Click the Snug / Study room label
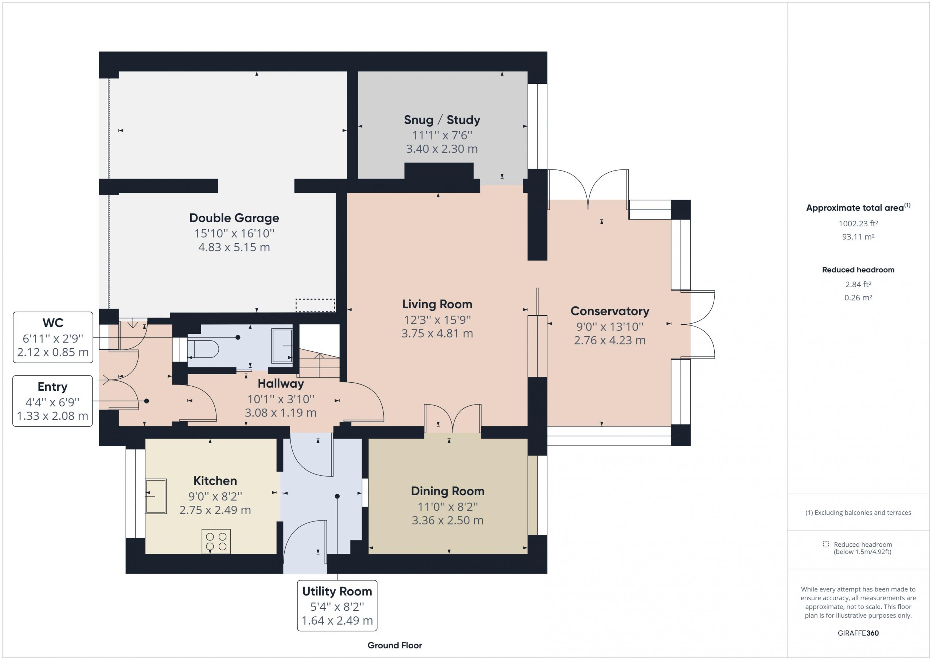coord(442,120)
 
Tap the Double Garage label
coord(234,218)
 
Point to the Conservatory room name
coord(609,311)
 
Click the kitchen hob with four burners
coord(216,541)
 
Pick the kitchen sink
coord(156,496)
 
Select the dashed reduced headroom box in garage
coord(315,305)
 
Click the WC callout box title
coord(53,323)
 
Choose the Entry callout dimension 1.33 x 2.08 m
coord(52,416)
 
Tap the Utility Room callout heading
coord(337,591)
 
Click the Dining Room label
coord(448,491)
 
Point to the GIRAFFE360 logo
coord(858,633)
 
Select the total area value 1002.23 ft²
coord(858,223)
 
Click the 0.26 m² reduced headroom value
coord(858,297)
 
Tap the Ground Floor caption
coord(395,645)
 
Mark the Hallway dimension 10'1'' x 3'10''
coord(281,399)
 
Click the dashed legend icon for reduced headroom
coord(826,544)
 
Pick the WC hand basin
coord(282,346)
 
